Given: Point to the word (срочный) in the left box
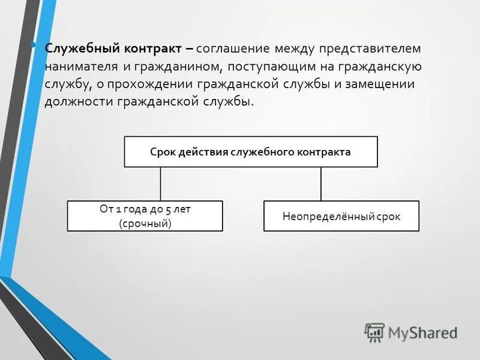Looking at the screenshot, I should pyautogui.click(x=145, y=223).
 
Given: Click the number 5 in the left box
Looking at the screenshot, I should pyautogui.click(x=168, y=209).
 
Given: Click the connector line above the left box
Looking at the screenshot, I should pyautogui.click(x=161, y=184).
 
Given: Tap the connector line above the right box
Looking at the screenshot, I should pyautogui.click(x=321, y=184).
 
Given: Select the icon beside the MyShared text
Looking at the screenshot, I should pyautogui.click(x=374, y=332).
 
